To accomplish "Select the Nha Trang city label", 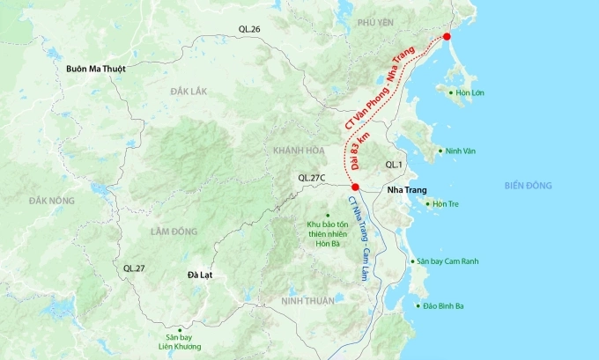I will tap(407, 189).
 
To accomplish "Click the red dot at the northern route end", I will tap(447, 36).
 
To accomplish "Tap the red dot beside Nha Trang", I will tap(354, 187).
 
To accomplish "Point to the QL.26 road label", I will tap(250, 29).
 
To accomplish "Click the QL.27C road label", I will tap(311, 178).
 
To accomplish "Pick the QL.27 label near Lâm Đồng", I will tap(134, 267).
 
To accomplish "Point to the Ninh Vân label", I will tap(462, 151).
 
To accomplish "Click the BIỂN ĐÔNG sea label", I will tap(528, 185).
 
